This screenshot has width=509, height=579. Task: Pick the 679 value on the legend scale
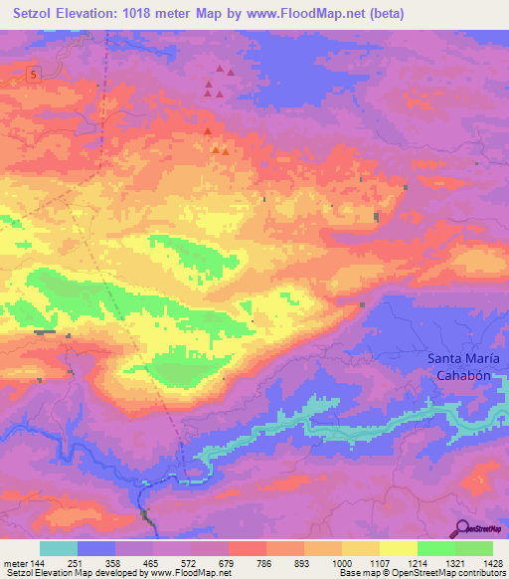pyautogui.click(x=228, y=563)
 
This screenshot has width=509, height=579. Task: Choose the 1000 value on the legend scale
pyautogui.click(x=342, y=563)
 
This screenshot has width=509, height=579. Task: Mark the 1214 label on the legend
pyautogui.click(x=418, y=563)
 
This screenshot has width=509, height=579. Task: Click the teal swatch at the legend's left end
pyautogui.click(x=59, y=548)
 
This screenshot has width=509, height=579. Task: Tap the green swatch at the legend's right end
pyautogui.click(x=474, y=548)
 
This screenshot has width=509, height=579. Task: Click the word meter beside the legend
pyautogui.click(x=15, y=563)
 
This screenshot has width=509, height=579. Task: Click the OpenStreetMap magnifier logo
pyautogui.click(x=462, y=528)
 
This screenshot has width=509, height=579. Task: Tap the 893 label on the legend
pyautogui.click(x=304, y=563)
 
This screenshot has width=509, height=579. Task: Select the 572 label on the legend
pyautogui.click(x=190, y=563)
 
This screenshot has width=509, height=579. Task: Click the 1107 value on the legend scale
pyautogui.click(x=380, y=563)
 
